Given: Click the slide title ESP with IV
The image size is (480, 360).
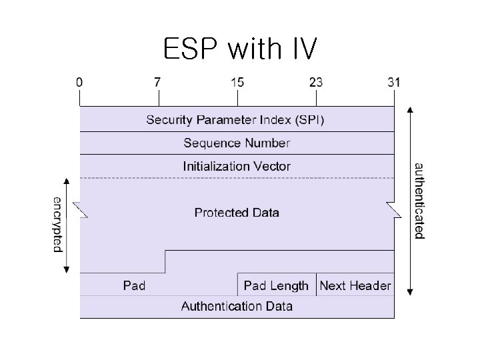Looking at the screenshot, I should click(x=241, y=49).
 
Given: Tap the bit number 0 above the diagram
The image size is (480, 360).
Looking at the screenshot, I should click(x=80, y=83).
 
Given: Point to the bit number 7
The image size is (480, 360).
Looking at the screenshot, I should click(x=158, y=83).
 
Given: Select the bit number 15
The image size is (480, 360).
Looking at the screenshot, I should click(x=237, y=83).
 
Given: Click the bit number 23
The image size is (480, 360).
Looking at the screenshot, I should click(x=315, y=83).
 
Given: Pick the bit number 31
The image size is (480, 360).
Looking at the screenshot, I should click(x=394, y=83).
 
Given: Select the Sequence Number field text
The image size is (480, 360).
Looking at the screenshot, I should click(x=237, y=143).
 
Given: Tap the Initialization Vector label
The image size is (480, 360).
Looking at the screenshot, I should click(x=237, y=166).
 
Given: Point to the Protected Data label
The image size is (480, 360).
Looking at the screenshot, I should click(x=237, y=213).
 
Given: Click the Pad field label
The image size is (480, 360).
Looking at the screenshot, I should click(x=134, y=285).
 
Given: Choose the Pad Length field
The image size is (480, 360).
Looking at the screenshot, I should click(x=276, y=285).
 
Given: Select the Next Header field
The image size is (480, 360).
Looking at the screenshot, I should click(x=355, y=285).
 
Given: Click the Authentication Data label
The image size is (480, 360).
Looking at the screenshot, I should click(x=237, y=306).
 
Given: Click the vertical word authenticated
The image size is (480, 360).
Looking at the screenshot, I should click(x=419, y=200).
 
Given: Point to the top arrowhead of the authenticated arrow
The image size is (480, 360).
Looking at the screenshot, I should click(x=409, y=109).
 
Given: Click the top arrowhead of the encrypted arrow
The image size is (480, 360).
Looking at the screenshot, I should click(x=66, y=181).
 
